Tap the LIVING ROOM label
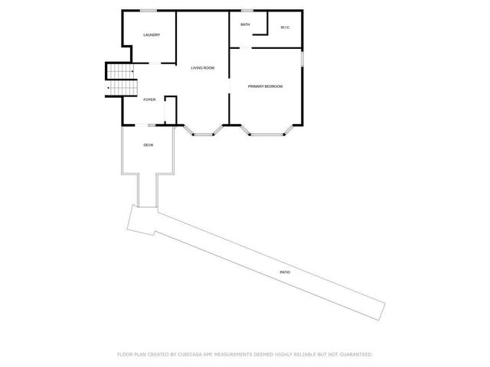point(202,68)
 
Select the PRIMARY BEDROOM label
point(265,86)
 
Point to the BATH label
point(245,24)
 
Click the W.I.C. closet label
point(284,28)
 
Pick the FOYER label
point(149,99)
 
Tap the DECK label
point(149,145)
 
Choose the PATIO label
point(284,272)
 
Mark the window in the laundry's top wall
point(149,11)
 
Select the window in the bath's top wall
point(247,11)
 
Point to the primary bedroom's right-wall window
point(303,58)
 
